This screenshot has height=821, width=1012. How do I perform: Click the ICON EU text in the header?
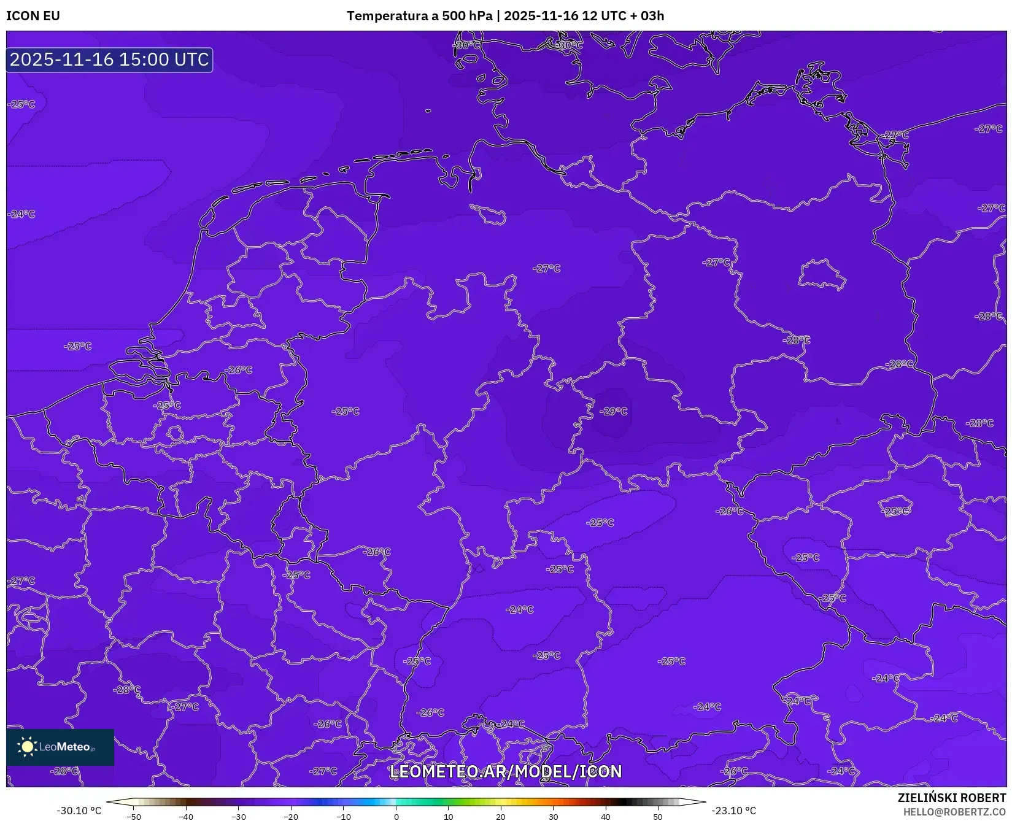click(33, 16)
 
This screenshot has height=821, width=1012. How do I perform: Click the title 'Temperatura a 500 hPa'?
click(419, 16)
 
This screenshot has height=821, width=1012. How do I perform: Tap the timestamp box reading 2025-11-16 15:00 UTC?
click(109, 60)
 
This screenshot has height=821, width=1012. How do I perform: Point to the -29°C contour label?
click(614, 411)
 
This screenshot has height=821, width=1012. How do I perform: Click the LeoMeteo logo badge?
click(60, 747)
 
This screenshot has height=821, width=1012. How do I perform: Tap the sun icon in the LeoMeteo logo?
click(28, 747)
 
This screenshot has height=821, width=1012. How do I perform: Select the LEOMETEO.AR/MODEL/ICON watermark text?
click(506, 771)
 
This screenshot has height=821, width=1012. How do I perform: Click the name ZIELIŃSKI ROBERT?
click(951, 798)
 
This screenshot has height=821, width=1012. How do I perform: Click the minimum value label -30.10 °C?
click(79, 811)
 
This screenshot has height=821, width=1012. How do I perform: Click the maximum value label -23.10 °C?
click(733, 811)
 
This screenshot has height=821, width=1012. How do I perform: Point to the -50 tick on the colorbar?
click(134, 817)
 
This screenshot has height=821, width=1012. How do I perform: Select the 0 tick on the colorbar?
click(396, 817)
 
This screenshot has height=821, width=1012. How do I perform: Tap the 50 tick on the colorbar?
click(658, 817)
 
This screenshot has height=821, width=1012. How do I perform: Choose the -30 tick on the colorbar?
click(239, 817)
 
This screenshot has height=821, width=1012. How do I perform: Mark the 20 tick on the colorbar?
click(501, 817)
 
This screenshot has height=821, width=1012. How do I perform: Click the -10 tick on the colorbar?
click(344, 817)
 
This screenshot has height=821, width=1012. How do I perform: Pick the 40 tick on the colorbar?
click(606, 817)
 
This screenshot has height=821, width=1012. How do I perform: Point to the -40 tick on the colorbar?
click(186, 817)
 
